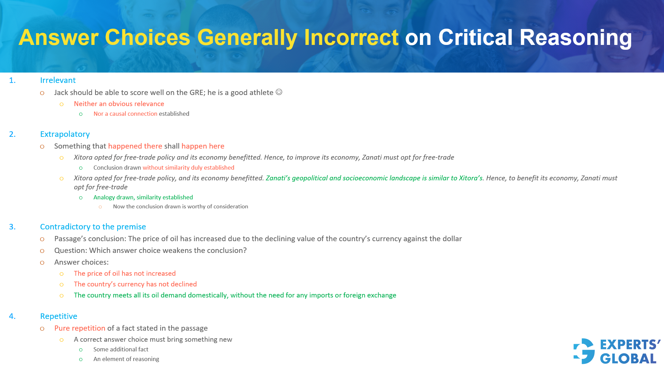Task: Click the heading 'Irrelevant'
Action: (x=58, y=80)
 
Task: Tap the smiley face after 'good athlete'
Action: (x=279, y=92)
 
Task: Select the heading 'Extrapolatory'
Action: (x=65, y=134)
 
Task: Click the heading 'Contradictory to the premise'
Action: (x=93, y=227)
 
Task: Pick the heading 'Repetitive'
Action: (x=58, y=316)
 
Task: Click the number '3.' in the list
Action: (x=12, y=227)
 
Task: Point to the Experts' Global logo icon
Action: (x=584, y=351)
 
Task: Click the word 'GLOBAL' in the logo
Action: (x=628, y=359)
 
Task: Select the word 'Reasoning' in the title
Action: (x=575, y=37)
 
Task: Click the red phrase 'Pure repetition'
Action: (x=80, y=328)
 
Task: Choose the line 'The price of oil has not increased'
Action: (x=124, y=273)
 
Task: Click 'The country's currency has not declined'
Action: (x=135, y=284)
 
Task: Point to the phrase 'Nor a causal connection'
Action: (x=125, y=114)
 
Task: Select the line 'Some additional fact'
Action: (x=121, y=349)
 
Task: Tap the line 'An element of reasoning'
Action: (x=126, y=359)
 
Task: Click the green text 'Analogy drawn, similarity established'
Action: (x=143, y=197)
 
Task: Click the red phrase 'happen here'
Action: (x=203, y=146)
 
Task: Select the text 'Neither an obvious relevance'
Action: (x=119, y=104)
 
